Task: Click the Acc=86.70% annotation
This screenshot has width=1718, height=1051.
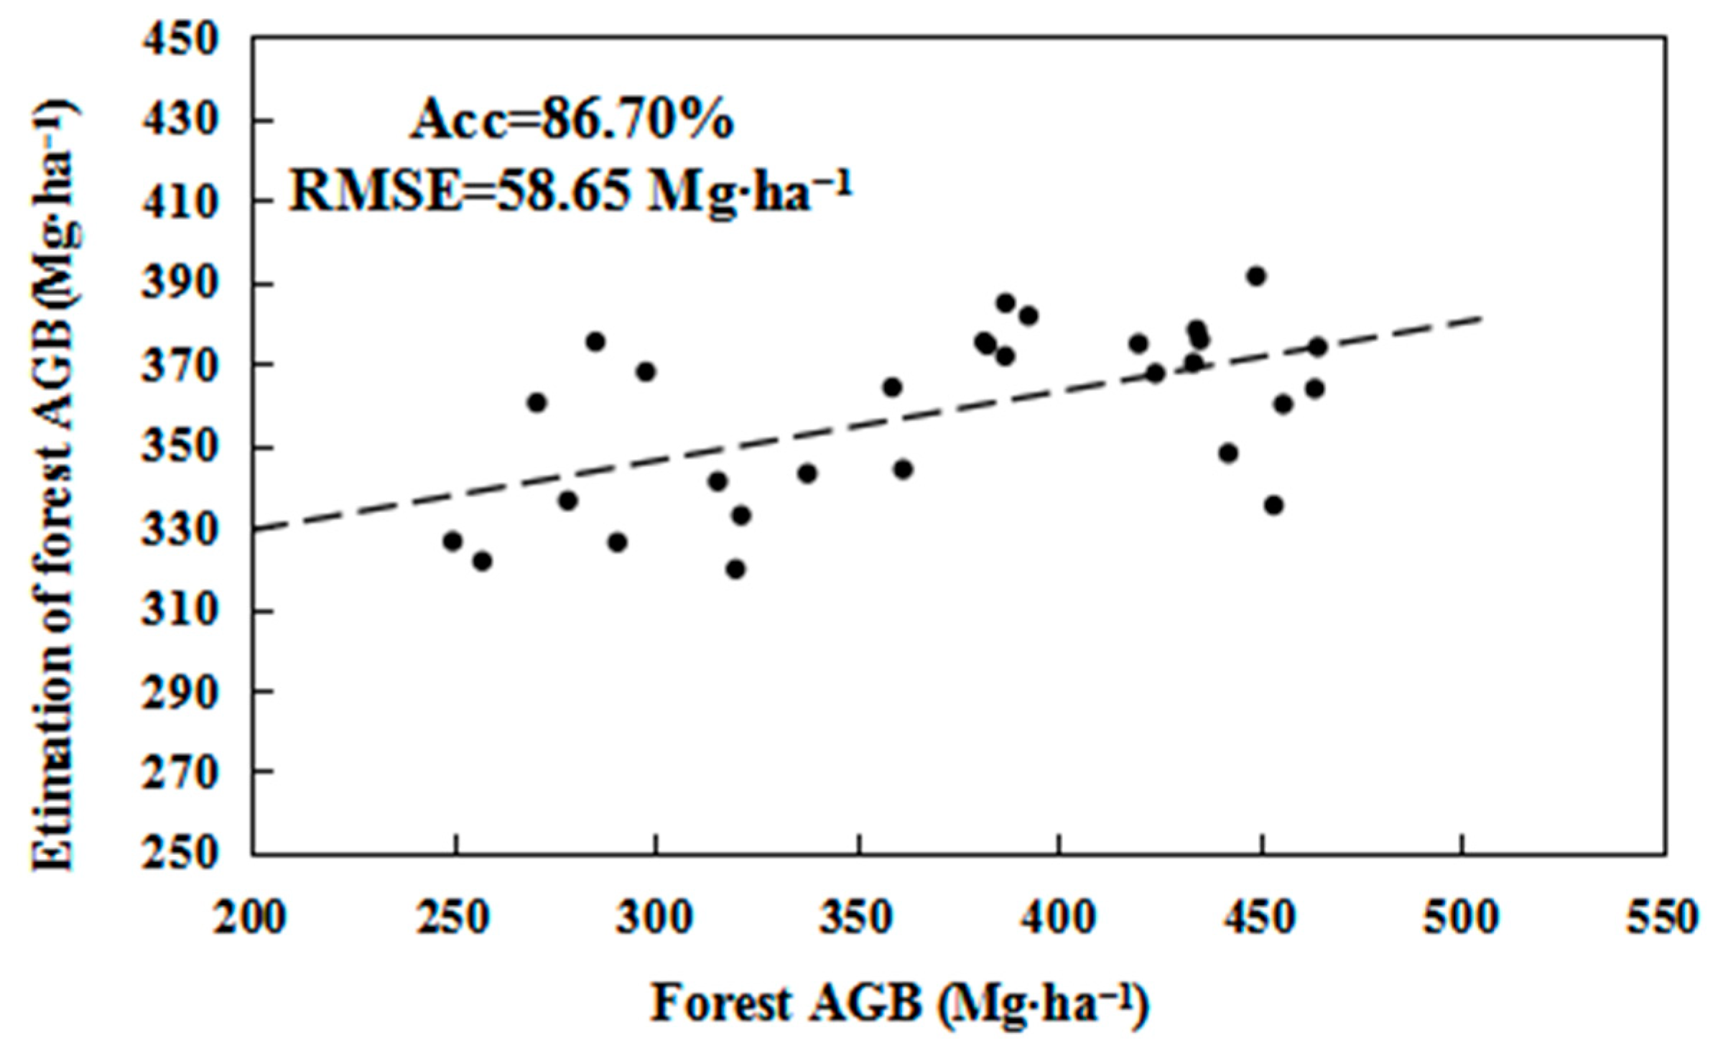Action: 572,119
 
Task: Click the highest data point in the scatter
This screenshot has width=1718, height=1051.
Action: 1255,277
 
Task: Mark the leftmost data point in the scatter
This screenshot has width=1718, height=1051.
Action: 452,541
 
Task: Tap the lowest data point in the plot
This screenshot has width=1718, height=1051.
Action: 735,570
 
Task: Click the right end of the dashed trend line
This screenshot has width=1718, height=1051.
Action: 1481,317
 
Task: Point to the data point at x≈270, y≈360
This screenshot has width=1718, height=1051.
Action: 537,403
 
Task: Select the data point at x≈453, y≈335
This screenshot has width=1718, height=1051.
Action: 1274,506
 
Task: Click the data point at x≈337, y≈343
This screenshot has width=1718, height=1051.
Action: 807,473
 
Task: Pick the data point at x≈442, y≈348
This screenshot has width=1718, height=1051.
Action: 1228,453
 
